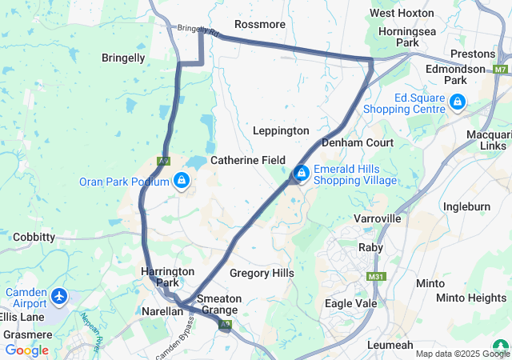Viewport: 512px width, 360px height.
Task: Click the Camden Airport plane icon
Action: [x=58, y=297]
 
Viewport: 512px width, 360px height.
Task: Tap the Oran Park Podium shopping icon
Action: [x=182, y=182]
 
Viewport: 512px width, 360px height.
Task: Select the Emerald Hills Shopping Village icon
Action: [x=302, y=173]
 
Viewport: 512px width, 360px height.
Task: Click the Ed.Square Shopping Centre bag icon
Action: [x=457, y=102]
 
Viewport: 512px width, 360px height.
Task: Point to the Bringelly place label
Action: [x=123, y=58]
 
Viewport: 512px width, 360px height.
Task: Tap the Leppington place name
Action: [x=281, y=130]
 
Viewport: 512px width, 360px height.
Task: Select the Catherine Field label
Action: [x=248, y=160]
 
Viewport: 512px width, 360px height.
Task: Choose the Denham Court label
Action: [x=358, y=142]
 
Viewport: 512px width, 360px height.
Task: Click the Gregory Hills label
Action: [x=262, y=273]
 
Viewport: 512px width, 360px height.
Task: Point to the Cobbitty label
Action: [x=34, y=237]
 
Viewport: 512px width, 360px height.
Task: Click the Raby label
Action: [x=370, y=248]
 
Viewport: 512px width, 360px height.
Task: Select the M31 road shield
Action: [x=376, y=277]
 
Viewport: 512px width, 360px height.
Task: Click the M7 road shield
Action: [x=500, y=70]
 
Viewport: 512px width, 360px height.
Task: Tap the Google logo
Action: [x=26, y=350]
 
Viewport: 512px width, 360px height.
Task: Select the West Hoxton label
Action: [x=402, y=13]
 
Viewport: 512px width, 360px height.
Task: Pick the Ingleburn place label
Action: [x=467, y=206]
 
